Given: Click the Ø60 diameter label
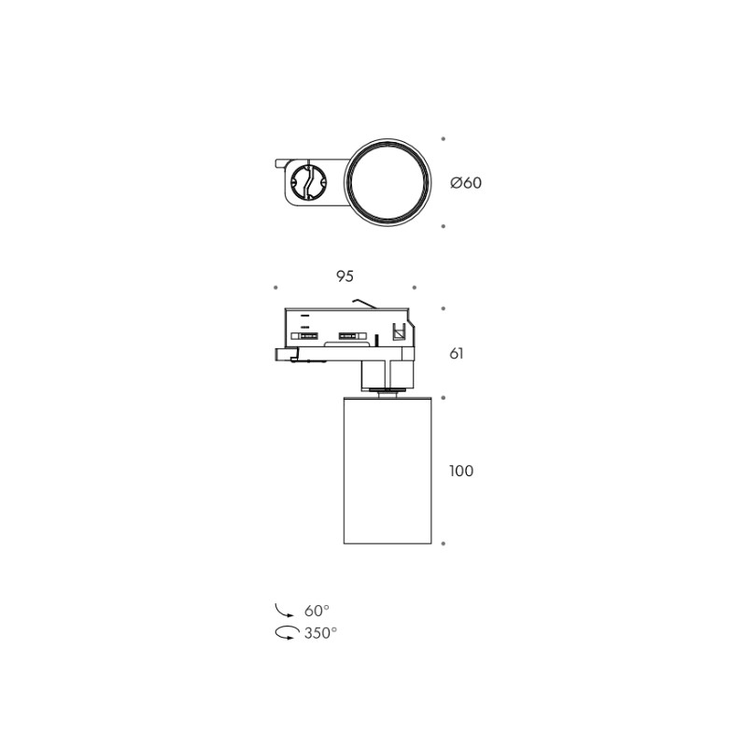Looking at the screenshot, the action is click(466, 182).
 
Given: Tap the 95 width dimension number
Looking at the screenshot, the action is click(345, 276).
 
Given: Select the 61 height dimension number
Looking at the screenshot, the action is click(457, 354).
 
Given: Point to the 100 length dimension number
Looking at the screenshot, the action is click(461, 471).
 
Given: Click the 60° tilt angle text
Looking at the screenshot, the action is click(317, 611).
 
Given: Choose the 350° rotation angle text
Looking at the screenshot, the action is click(320, 633).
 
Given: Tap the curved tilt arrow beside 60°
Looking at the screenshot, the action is click(284, 612).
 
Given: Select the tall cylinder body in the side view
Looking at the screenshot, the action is click(388, 470).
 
